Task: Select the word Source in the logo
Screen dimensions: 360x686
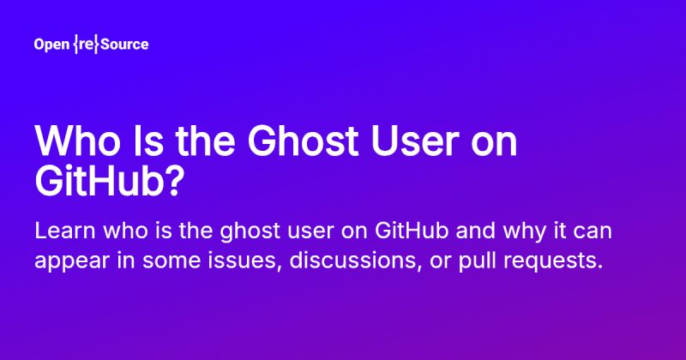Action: [x=124, y=45]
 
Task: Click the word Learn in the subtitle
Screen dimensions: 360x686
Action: [x=61, y=231]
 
